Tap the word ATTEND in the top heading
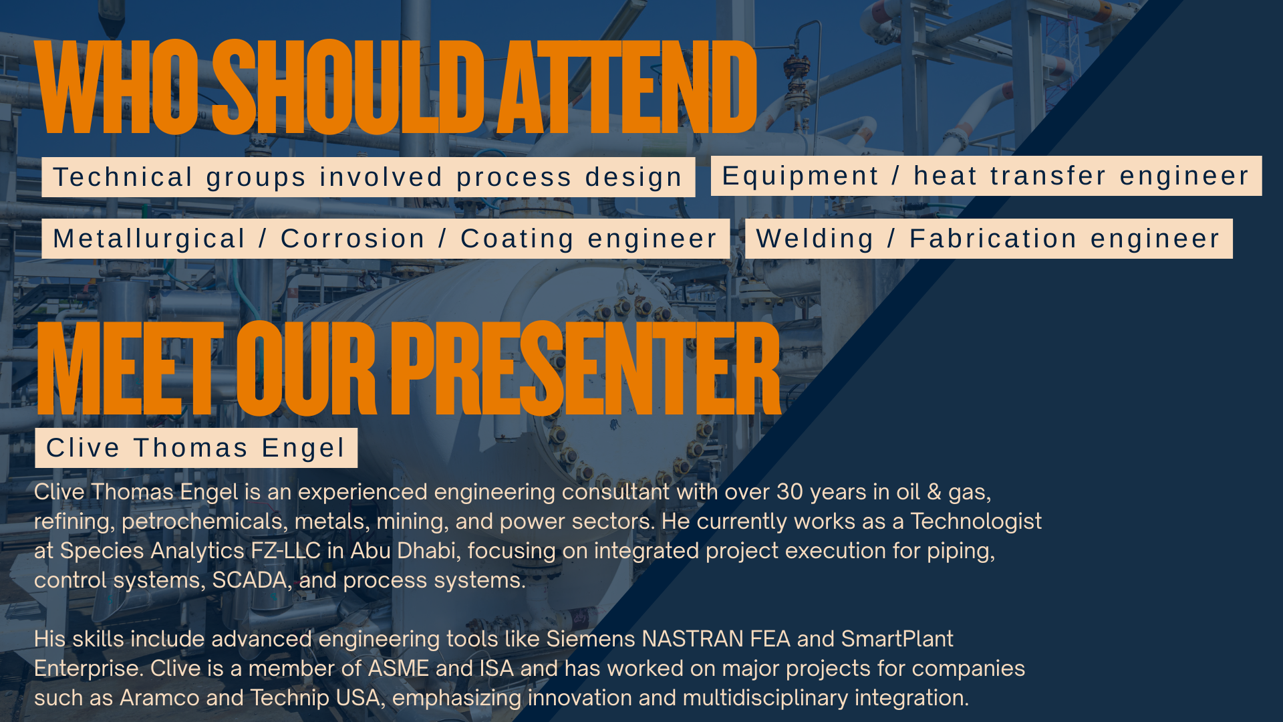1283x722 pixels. point(628,87)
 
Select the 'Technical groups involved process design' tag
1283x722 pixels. point(368,177)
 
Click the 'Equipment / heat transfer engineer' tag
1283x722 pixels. point(986,176)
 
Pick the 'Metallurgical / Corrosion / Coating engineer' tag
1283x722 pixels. point(386,239)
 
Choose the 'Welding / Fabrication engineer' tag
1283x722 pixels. point(989,239)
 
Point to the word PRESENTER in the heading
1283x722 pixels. point(585,368)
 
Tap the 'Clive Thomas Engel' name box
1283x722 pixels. point(196,448)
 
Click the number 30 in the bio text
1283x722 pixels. point(790,492)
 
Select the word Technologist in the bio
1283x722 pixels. point(976,521)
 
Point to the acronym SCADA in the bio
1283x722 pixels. point(250,580)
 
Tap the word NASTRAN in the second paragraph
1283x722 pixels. point(692,639)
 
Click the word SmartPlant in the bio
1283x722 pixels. point(897,639)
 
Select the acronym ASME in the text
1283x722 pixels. point(398,669)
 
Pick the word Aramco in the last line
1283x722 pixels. point(159,698)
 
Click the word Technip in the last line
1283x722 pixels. point(290,699)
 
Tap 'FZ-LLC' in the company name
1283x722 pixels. point(285,551)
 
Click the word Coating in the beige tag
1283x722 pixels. point(517,239)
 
